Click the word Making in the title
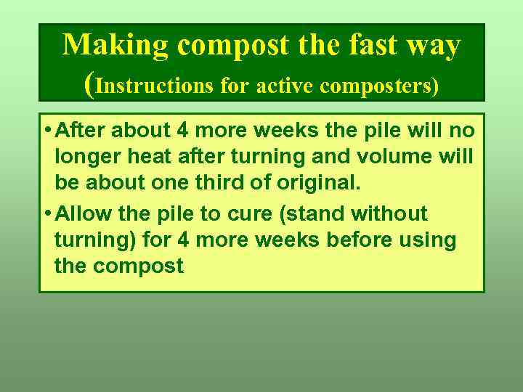pyautogui.click(x=115, y=45)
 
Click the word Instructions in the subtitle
pyautogui.click(x=154, y=86)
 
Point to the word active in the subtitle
pyautogui.click(x=278, y=86)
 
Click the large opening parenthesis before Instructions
pyautogui.click(x=89, y=85)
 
